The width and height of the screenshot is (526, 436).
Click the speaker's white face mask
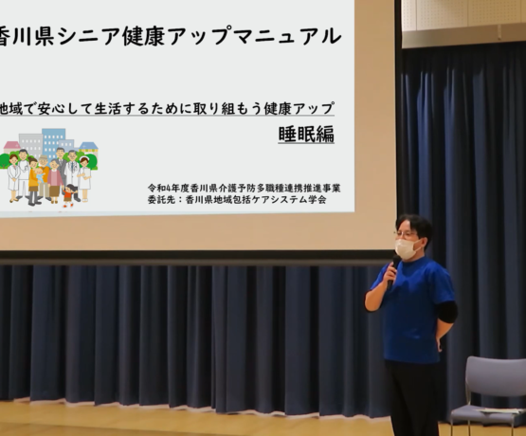pyautogui.click(x=408, y=248)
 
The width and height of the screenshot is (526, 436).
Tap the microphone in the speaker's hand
pyautogui.click(x=393, y=271)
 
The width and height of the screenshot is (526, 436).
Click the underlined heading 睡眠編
pyautogui.click(x=306, y=135)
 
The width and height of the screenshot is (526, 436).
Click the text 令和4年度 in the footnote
pyautogui.click(x=167, y=189)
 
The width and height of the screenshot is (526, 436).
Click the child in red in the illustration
pyautogui.click(x=69, y=195)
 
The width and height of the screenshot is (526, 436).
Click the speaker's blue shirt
pyautogui.click(x=415, y=309)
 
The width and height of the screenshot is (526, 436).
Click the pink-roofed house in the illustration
pyautogui.click(x=12, y=148)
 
